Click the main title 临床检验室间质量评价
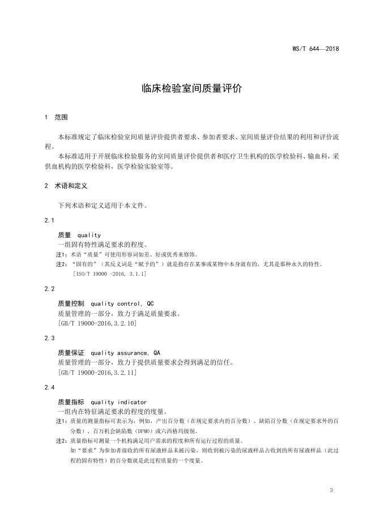(x=187, y=89)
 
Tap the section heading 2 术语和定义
(x=65, y=185)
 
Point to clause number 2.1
(x=49, y=220)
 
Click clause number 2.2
(x=49, y=288)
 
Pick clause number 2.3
(x=49, y=338)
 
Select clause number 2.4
(x=49, y=387)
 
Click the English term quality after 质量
(x=89, y=235)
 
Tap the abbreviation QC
(x=150, y=303)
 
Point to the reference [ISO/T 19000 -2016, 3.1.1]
(x=110, y=274)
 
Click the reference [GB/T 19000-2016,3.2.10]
(x=97, y=323)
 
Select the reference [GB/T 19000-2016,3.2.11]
(x=97, y=373)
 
